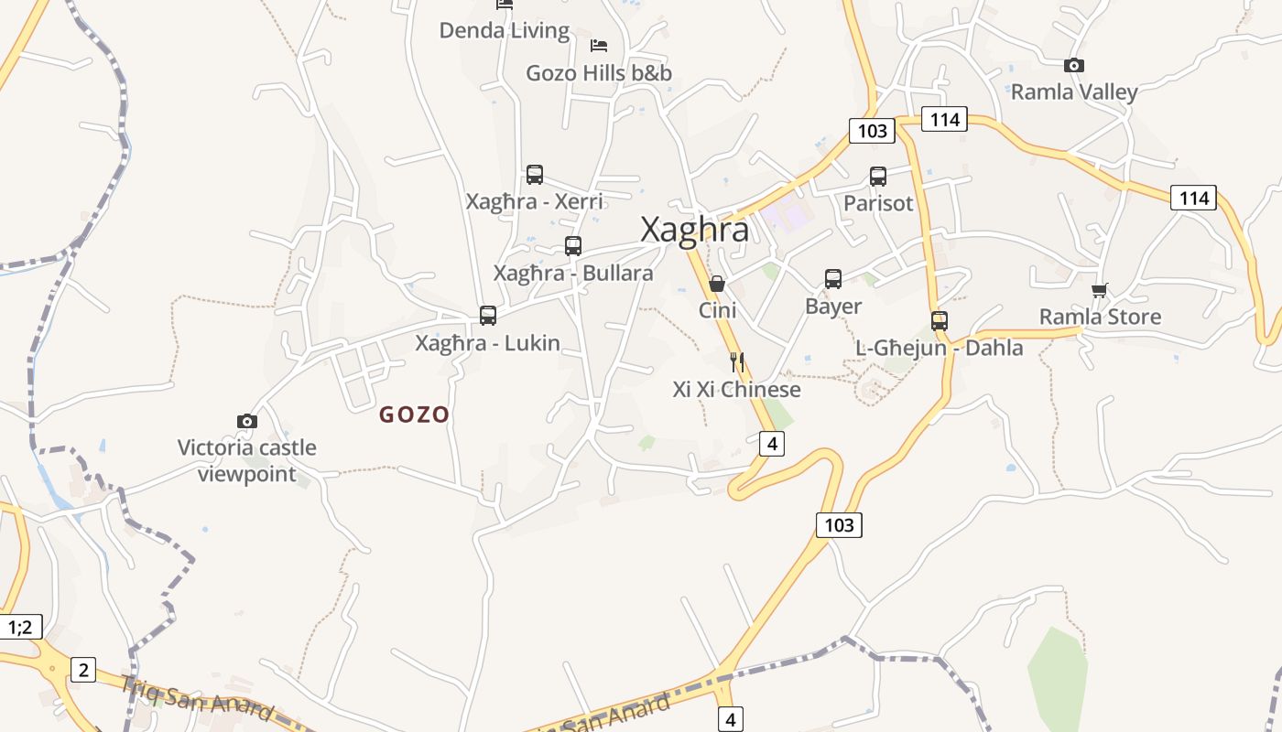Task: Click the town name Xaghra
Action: (694, 230)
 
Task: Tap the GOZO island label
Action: (414, 414)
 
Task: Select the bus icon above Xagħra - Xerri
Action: (535, 175)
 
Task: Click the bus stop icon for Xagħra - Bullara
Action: (573, 246)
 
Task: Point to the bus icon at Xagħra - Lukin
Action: (488, 316)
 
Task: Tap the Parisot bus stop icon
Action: (878, 177)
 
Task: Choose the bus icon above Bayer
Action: (833, 279)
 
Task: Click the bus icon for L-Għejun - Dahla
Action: (940, 321)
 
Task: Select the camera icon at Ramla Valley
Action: (1074, 65)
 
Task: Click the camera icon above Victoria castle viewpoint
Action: (246, 421)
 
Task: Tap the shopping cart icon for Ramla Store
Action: (1100, 290)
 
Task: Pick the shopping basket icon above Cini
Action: (717, 284)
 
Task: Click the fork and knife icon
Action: (737, 362)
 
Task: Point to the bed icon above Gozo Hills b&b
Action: (599, 45)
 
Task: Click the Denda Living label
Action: (505, 30)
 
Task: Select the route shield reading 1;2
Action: (20, 627)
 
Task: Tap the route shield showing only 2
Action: (82, 670)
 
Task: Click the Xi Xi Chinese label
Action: (736, 390)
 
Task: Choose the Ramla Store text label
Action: (1100, 317)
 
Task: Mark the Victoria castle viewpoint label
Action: (247, 460)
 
